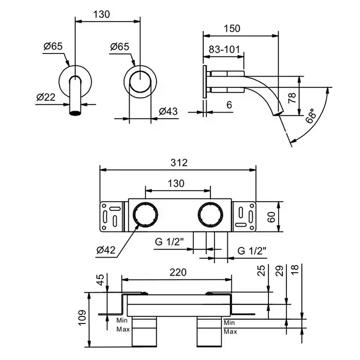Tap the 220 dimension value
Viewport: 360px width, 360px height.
coord(176,272)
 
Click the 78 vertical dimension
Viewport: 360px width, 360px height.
coord(292,98)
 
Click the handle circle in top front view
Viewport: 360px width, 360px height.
coord(139,81)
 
